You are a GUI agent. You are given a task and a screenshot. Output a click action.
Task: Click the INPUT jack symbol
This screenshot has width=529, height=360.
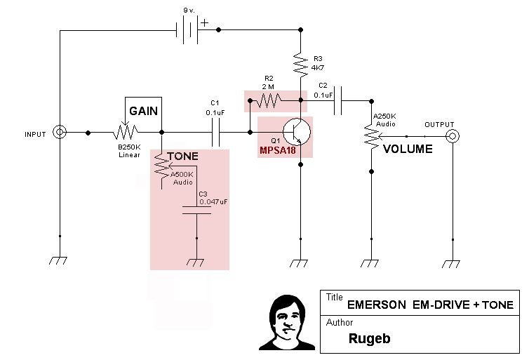(60, 132)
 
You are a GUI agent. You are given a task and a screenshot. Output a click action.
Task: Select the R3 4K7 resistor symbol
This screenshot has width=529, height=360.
(301, 65)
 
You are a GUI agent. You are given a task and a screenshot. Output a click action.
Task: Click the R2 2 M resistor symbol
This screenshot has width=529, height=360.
(268, 102)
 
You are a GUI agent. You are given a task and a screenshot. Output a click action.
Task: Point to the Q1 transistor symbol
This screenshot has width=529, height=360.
(295, 131)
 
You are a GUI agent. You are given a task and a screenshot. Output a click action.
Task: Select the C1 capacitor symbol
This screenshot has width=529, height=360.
(216, 131)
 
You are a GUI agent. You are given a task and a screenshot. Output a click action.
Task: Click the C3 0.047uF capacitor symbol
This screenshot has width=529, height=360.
(196, 211)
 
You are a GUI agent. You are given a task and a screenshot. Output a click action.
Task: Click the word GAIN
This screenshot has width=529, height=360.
(143, 111)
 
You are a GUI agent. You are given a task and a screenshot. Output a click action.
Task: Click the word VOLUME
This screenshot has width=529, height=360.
(407, 149)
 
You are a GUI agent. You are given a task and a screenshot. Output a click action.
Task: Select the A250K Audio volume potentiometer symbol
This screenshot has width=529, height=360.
(369, 135)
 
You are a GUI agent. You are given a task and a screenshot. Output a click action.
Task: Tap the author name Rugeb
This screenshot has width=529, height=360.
(369, 338)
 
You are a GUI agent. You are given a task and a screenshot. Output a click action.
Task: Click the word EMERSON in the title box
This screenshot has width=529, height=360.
(376, 305)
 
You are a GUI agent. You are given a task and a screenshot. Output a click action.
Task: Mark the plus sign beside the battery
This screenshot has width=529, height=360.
(205, 22)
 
